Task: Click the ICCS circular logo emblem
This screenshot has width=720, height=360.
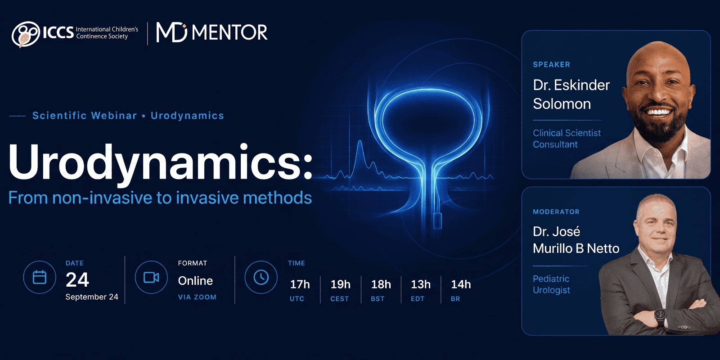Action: (26, 34)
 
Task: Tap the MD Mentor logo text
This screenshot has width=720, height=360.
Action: (211, 32)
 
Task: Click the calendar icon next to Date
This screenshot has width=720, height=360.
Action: (40, 277)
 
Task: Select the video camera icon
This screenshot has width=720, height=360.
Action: (151, 277)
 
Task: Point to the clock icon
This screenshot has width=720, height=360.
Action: (261, 277)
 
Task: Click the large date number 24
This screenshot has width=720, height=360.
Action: (77, 280)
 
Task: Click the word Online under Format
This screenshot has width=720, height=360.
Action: (195, 281)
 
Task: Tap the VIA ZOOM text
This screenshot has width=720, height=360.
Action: (198, 297)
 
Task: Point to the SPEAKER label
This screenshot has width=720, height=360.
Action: (552, 65)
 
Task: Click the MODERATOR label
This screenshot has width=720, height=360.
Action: (556, 212)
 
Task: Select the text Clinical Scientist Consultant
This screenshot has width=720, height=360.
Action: (567, 139)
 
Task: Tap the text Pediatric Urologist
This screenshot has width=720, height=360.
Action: (551, 284)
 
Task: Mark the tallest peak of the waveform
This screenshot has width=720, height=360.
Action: (360, 141)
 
